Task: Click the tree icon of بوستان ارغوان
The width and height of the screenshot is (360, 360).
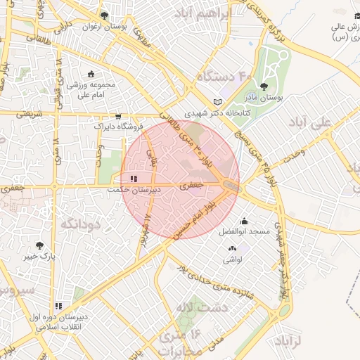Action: tap(104, 15)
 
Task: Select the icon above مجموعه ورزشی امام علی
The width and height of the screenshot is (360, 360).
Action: tap(91, 74)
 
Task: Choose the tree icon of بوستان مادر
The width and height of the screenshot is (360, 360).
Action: tap(264, 87)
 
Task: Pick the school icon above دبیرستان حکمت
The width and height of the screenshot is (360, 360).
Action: tap(134, 179)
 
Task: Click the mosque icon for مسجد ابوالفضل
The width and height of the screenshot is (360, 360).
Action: tap(244, 220)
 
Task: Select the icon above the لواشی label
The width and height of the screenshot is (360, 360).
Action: tap(232, 248)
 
